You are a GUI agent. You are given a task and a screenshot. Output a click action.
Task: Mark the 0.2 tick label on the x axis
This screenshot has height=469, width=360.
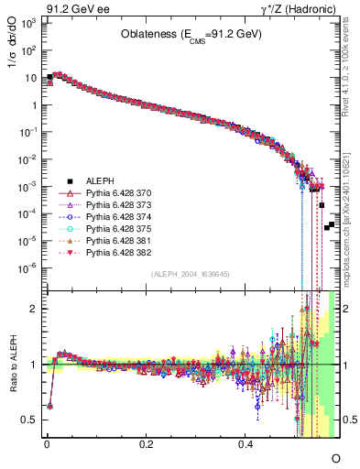pyautogui.click(x=146, y=443)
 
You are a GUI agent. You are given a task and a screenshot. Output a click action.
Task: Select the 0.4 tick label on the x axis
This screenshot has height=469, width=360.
pyautogui.click(x=245, y=443)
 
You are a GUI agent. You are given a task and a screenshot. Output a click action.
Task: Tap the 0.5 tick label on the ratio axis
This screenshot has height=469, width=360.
pyautogui.click(x=30, y=420)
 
